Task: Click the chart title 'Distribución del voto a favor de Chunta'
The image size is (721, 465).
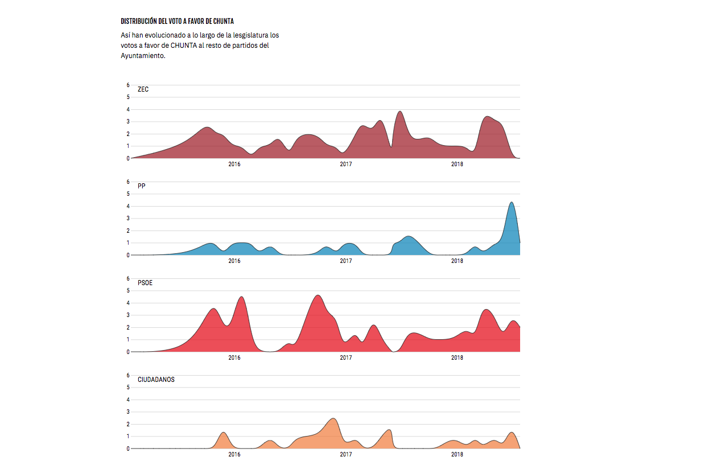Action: [177, 22]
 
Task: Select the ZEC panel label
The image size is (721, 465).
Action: [143, 89]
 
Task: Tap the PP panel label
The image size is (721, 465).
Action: [142, 186]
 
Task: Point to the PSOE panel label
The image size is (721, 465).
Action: [145, 283]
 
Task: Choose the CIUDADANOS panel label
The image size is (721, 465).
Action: [156, 380]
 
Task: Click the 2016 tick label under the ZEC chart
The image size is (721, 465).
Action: [234, 164]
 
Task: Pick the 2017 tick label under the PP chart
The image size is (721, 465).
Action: [345, 261]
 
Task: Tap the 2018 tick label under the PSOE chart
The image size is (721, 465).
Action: [457, 358]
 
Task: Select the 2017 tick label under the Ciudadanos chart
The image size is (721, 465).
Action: [345, 455]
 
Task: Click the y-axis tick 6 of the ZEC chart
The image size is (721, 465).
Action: [128, 85]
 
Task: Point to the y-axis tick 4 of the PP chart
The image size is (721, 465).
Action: [128, 206]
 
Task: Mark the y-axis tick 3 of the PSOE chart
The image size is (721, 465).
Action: [128, 315]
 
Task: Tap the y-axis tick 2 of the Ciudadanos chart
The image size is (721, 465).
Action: [128, 424]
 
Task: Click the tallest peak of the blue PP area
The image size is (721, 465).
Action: [512, 203]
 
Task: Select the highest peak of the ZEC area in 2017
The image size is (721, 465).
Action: [400, 112]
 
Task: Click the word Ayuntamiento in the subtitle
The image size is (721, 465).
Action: [143, 56]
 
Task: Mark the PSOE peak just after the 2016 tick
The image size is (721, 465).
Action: [241, 297]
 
